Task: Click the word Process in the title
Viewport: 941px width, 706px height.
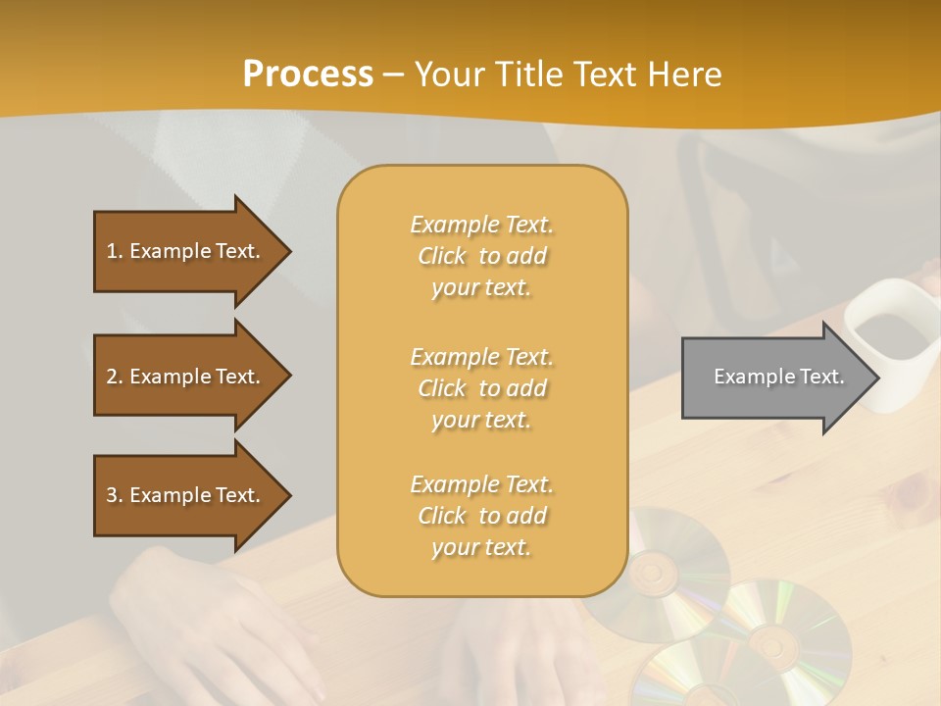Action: tap(308, 74)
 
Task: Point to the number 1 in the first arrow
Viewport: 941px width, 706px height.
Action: tap(112, 251)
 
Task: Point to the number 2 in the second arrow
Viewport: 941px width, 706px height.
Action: tap(112, 377)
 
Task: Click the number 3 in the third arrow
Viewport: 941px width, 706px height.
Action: tap(112, 495)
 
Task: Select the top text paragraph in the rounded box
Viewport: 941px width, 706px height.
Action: tap(481, 256)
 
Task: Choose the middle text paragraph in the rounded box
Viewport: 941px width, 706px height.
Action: tap(481, 388)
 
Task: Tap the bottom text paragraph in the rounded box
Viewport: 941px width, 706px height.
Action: tap(481, 516)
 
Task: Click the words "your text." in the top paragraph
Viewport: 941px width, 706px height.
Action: tap(481, 288)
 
